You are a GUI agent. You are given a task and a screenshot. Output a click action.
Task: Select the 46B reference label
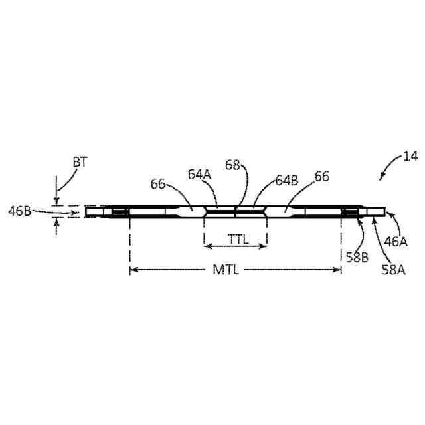[19, 212]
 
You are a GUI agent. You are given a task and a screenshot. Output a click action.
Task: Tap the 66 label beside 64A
[159, 183]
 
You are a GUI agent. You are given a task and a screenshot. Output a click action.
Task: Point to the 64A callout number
[199, 175]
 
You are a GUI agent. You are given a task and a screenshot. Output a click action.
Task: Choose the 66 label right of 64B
[322, 177]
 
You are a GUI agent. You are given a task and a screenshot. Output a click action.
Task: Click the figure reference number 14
[410, 157]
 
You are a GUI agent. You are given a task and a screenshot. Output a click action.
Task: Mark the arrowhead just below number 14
[382, 177]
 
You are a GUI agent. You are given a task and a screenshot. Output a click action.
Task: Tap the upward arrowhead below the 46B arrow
[56, 223]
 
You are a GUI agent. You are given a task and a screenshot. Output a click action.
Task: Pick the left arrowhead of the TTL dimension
[207, 246]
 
